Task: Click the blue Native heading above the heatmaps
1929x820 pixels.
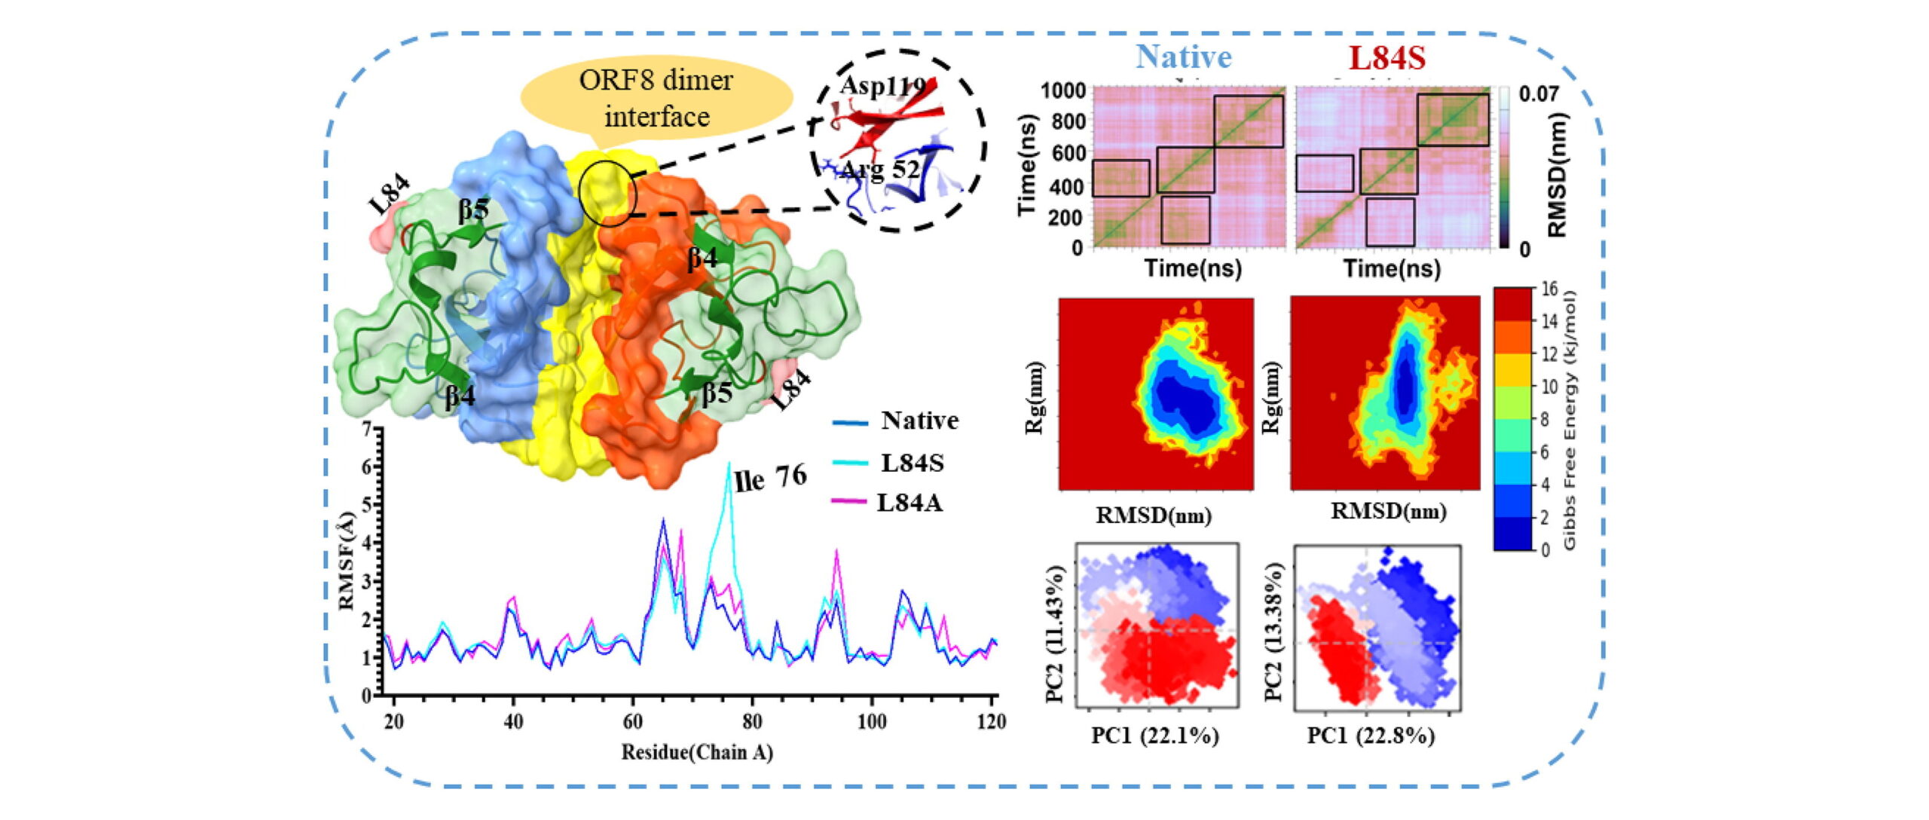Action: click(1183, 57)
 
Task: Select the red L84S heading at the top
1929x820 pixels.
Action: click(1386, 58)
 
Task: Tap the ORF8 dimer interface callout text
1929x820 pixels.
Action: click(656, 98)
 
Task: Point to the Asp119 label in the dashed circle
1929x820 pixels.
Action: click(882, 86)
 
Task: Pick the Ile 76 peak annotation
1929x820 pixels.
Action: click(770, 478)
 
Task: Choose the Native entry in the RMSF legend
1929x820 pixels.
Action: click(919, 421)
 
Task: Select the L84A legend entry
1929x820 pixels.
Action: click(909, 502)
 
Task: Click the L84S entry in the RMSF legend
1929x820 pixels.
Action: click(912, 462)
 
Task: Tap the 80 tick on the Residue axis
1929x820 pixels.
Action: click(751, 722)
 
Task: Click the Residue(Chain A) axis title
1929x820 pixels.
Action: click(697, 752)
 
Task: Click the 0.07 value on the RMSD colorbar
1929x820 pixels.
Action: click(1538, 95)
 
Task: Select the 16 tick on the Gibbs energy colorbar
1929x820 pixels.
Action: click(1549, 289)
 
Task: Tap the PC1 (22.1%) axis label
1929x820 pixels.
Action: click(1154, 736)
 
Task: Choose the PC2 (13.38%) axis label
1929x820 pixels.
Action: click(1273, 632)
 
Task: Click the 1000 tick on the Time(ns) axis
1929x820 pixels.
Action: click(1063, 91)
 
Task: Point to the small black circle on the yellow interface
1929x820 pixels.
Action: click(609, 194)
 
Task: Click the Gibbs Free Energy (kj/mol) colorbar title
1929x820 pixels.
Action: click(1570, 419)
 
